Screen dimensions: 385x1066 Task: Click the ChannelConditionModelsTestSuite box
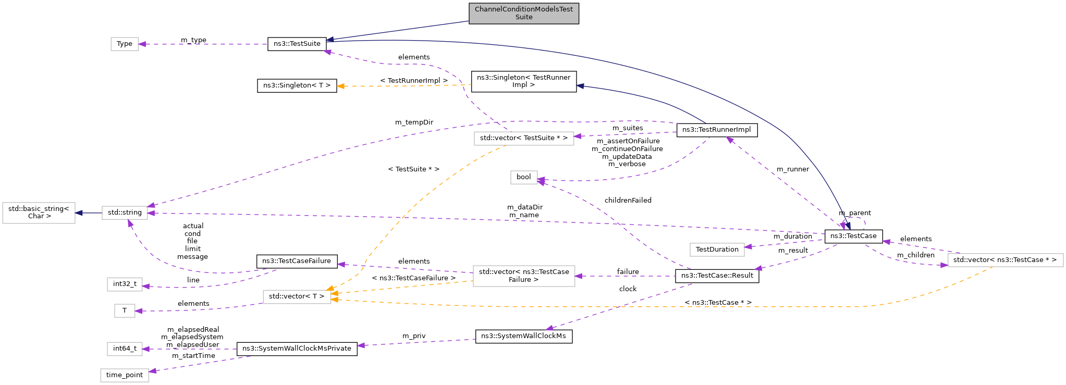click(523, 13)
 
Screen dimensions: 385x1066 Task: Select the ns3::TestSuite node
click(297, 44)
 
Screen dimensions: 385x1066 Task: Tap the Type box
click(125, 44)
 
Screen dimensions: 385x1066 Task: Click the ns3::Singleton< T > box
click(297, 85)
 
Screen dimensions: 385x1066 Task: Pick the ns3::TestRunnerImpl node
click(716, 130)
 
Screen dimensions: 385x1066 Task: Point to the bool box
click(523, 177)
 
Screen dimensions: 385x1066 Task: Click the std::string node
click(125, 213)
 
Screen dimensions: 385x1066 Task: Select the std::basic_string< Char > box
click(39, 213)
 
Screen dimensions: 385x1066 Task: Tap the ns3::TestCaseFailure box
click(297, 261)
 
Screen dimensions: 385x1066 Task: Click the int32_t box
click(125, 284)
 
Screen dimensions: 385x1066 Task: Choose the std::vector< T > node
click(297, 296)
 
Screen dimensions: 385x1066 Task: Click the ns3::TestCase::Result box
click(717, 276)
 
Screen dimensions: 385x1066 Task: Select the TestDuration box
click(717, 250)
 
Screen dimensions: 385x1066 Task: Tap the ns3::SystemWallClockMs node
click(523, 336)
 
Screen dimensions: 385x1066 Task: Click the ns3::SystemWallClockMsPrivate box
click(297, 349)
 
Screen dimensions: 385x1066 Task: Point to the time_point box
click(125, 375)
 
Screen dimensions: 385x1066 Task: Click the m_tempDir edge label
click(414, 122)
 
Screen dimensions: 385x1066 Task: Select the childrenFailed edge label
click(628, 201)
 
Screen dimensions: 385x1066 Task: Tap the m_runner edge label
click(792, 169)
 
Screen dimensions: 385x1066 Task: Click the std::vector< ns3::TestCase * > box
click(1004, 260)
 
